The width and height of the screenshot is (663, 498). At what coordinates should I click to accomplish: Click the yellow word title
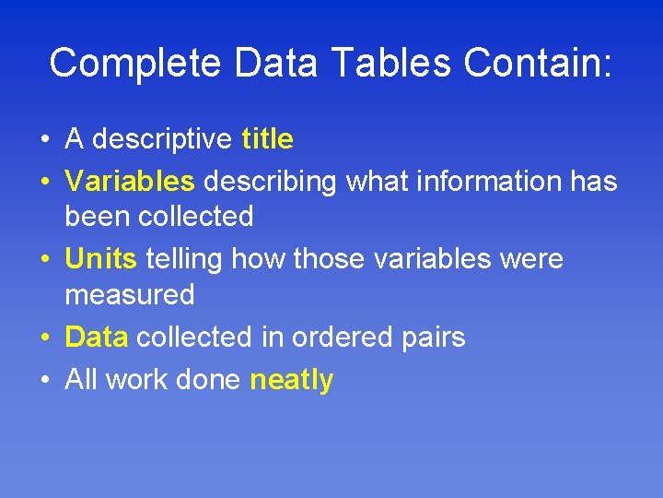[x=267, y=139]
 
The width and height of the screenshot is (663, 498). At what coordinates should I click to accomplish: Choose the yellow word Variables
[x=130, y=182]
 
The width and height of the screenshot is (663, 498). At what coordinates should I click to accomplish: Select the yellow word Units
[x=100, y=259]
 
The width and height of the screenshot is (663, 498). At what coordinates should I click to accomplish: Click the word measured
[x=130, y=295]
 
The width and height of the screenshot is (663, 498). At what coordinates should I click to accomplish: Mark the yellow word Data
[x=96, y=338]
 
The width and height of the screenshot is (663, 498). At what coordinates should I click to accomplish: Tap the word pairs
[x=434, y=338]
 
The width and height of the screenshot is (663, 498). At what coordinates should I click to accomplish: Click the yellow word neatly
[x=292, y=380]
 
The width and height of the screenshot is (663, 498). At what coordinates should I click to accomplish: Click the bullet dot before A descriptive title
[x=44, y=140]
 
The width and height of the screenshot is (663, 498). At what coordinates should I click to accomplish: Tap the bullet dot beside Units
[x=44, y=260]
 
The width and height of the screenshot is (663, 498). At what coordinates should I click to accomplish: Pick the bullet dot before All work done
[x=44, y=381]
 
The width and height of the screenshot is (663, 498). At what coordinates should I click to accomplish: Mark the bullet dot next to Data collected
[x=44, y=338]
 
